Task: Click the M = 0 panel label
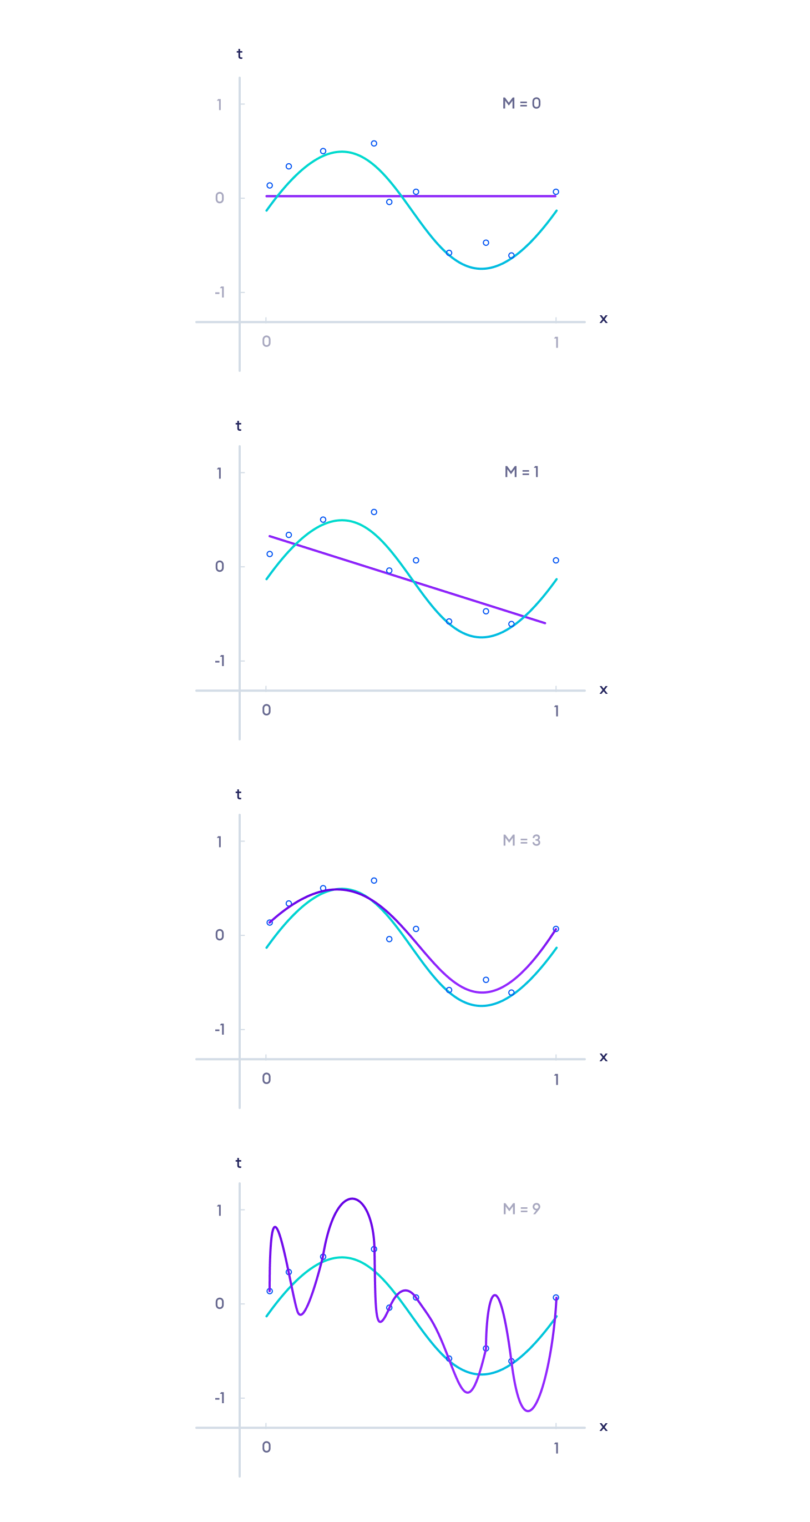pos(522,103)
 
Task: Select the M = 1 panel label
pos(522,471)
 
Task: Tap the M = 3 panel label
pos(522,840)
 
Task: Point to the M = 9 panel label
pos(522,1209)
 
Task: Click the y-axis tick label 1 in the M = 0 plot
pos(219,105)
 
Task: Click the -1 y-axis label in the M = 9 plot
pos(220,1398)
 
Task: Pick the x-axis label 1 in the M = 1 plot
pos(556,711)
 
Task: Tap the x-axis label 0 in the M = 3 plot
pos(266,1079)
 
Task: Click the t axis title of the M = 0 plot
pos(239,54)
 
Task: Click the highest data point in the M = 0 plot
pos(374,144)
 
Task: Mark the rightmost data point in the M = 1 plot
pos(555,560)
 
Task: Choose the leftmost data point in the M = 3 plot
pos(270,923)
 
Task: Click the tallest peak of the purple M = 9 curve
pos(352,1199)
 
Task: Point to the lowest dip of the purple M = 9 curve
pos(528,1411)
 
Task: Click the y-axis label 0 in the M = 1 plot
pos(220,567)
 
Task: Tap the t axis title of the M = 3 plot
pos(239,795)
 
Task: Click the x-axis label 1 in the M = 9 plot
pos(556,1448)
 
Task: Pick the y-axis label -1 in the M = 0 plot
pos(220,293)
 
